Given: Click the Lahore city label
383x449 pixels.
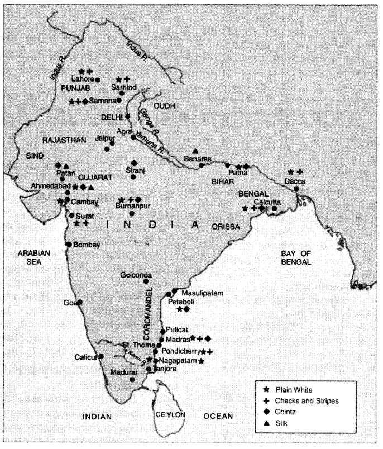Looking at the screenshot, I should (x=82, y=80).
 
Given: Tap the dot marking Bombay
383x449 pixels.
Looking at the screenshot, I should (x=68, y=244).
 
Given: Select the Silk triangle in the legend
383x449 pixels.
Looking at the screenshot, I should (x=266, y=423).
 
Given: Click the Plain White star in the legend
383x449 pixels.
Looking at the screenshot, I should (x=266, y=389).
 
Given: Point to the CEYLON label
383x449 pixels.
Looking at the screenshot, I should (x=170, y=414).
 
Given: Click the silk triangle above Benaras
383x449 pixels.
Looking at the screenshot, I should (x=195, y=151).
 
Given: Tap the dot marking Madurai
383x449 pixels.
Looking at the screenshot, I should (x=132, y=379).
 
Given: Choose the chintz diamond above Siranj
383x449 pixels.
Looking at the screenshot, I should (x=133, y=162).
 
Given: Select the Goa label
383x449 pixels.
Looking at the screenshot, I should (x=70, y=303).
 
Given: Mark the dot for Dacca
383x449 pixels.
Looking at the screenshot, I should (x=296, y=189).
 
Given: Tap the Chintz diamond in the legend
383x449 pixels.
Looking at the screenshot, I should (x=266, y=412).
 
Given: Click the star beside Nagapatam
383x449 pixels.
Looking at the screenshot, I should (x=201, y=361).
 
